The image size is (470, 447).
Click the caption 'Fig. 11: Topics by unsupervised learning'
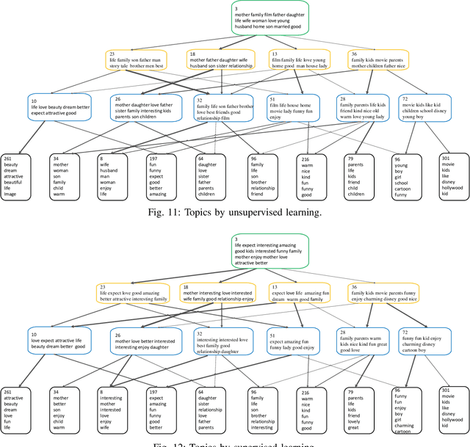click(235, 213)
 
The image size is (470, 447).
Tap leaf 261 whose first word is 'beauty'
click(15, 176)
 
